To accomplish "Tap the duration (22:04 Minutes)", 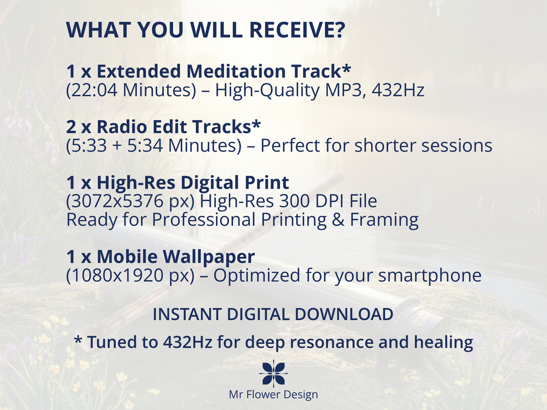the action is [x=132, y=90].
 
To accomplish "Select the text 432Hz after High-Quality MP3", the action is [x=398, y=90].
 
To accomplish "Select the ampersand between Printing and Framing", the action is [x=338, y=220].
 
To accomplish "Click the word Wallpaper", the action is [x=208, y=257].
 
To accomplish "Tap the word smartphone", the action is [x=430, y=276].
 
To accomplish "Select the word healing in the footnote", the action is [x=444, y=343].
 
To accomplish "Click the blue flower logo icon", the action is [x=273, y=374].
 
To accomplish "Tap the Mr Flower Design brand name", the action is [x=273, y=395].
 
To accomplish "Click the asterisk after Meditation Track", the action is [x=346, y=68].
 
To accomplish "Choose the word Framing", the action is [x=384, y=220].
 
